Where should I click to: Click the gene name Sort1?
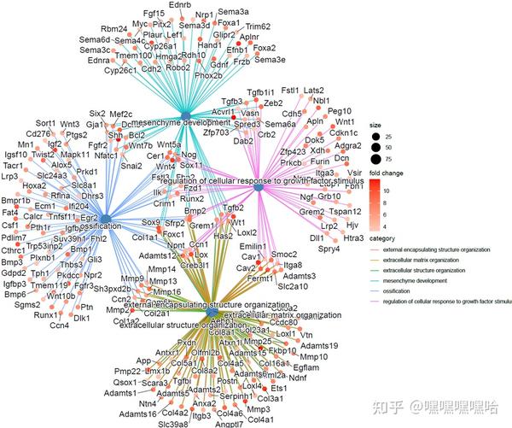pyautogui.click(x=46, y=123)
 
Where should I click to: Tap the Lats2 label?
pyautogui.click(x=313, y=91)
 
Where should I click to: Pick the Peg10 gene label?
pyautogui.click(x=340, y=111)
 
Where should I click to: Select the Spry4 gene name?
pyautogui.click(x=317, y=249)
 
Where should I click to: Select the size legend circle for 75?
pyautogui.click(x=377, y=158)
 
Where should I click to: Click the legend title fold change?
pyautogui.click(x=387, y=173)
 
